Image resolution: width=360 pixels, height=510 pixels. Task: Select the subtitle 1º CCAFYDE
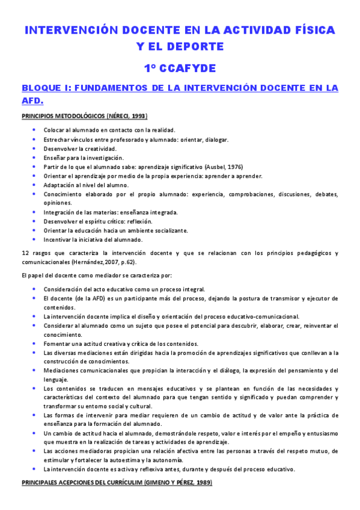tap(180, 68)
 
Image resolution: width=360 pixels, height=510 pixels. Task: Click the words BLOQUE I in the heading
tap(47, 88)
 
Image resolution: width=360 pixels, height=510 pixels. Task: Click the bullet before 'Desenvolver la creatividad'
tap(35, 148)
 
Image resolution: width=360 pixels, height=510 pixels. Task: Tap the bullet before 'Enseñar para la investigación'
tap(35, 157)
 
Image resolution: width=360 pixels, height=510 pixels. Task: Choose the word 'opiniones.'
tap(58, 203)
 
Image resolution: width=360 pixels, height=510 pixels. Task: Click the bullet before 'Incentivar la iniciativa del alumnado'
tap(35, 239)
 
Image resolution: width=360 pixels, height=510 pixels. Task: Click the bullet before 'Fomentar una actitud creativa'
tap(35, 343)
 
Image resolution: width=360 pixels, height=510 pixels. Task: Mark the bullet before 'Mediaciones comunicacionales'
tap(35, 370)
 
